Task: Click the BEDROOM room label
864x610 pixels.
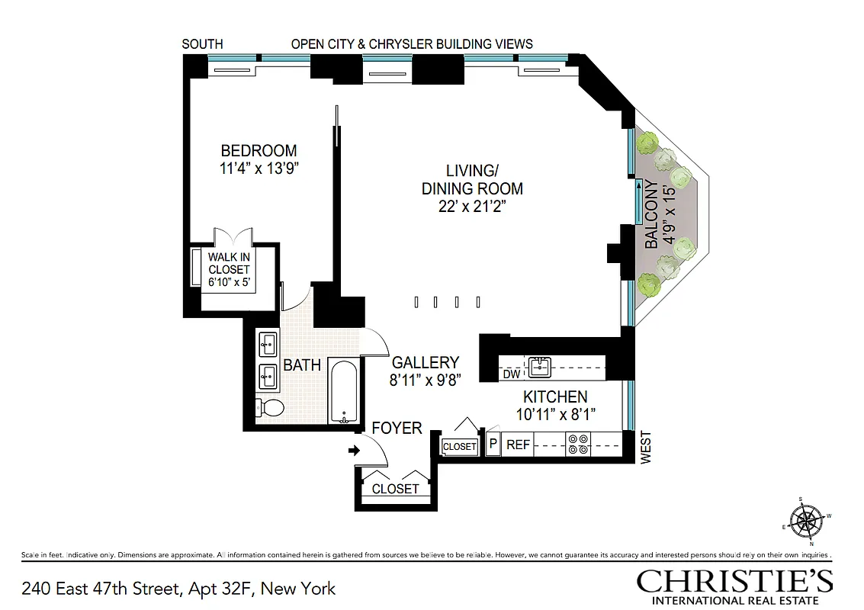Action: (x=259, y=151)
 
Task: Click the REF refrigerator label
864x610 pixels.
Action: (x=518, y=445)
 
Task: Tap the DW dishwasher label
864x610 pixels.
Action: (x=511, y=374)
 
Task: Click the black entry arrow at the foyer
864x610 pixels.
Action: (x=354, y=451)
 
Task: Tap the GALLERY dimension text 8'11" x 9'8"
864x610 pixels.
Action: (x=425, y=380)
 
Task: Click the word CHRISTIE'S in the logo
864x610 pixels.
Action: (x=734, y=582)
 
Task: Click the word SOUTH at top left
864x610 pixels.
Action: (x=202, y=44)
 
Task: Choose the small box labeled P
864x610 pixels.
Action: (x=493, y=445)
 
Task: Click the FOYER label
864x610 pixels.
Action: (x=397, y=429)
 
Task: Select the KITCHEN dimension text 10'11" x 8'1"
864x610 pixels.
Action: (x=554, y=414)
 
